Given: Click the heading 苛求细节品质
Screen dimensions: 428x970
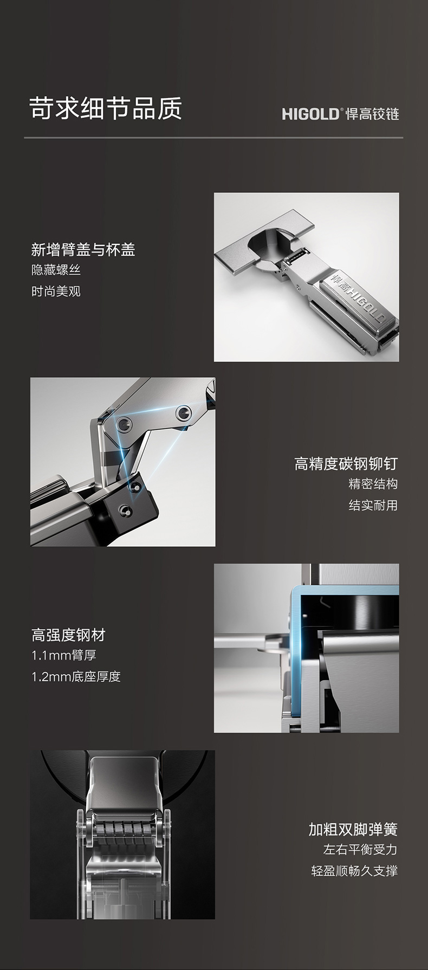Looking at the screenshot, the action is click(x=106, y=108).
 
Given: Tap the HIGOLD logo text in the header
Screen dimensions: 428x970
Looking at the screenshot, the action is click(x=311, y=114).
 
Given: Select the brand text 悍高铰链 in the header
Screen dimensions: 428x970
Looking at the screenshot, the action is click(x=372, y=114).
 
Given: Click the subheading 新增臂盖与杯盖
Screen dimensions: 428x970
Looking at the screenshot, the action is click(x=83, y=250).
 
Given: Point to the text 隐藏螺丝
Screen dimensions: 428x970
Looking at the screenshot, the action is click(x=56, y=270).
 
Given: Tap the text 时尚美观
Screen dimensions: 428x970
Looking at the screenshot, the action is click(x=56, y=292).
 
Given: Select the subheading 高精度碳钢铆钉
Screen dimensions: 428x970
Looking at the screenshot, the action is click(x=346, y=464).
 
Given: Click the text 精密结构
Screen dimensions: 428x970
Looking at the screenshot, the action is click(x=373, y=484).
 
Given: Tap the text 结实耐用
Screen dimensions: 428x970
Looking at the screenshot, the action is click(x=373, y=506).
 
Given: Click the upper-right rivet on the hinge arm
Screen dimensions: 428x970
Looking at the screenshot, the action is click(x=184, y=414).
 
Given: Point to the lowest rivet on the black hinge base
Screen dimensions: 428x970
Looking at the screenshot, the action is click(x=126, y=510).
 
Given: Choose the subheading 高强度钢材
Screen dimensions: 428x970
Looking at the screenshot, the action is click(x=68, y=635).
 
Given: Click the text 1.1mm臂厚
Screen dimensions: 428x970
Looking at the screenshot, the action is click(x=64, y=655).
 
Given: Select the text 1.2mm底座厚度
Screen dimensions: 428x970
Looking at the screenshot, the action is click(x=76, y=677).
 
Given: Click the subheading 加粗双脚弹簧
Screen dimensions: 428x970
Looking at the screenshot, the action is click(x=353, y=829).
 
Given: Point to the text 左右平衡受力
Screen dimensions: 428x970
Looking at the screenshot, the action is click(x=361, y=850).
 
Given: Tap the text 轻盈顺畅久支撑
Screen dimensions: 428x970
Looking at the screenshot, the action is click(x=355, y=871).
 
